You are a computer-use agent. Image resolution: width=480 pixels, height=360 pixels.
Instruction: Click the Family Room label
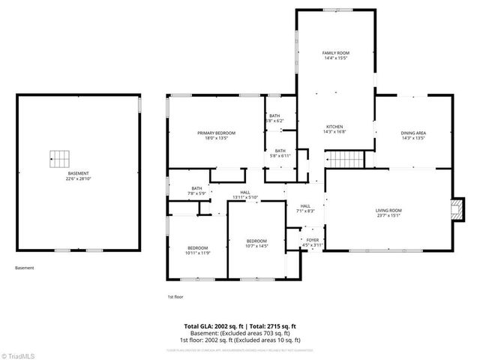pyautogui.click(x=336, y=55)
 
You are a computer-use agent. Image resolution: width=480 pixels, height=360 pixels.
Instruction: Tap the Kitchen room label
pyautogui.click(x=334, y=129)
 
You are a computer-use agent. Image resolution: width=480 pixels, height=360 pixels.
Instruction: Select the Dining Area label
pyautogui.click(x=413, y=136)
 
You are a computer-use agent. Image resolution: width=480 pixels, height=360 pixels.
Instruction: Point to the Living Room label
pyautogui.click(x=388, y=213)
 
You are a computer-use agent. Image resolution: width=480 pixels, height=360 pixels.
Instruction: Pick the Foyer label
pyautogui.click(x=312, y=242)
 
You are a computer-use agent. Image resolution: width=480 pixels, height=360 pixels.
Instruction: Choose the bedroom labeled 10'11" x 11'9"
pyautogui.click(x=197, y=250)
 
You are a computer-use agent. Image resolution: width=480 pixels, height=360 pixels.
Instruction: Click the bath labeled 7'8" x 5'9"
pyautogui.click(x=196, y=191)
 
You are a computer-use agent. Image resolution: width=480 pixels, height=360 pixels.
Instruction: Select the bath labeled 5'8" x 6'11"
pyautogui.click(x=280, y=153)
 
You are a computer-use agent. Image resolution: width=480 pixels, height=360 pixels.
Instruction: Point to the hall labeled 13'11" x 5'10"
pyautogui.click(x=244, y=195)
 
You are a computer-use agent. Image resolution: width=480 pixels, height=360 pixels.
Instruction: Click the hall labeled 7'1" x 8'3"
pyautogui.click(x=305, y=208)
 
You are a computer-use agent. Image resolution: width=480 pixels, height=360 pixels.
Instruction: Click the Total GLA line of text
pyautogui.click(x=240, y=326)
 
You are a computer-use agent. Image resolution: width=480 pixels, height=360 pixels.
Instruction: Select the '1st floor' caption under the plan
pyautogui.click(x=175, y=297)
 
